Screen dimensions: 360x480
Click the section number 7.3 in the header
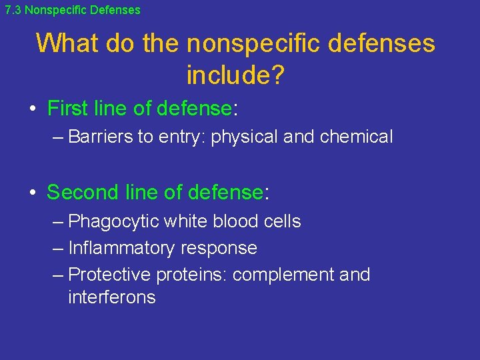(13, 10)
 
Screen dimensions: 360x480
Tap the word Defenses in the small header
(119, 10)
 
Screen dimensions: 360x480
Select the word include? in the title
(235, 75)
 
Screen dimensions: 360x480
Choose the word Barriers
(101, 137)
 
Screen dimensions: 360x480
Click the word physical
(244, 137)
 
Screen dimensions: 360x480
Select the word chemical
(356, 137)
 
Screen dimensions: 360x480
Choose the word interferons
(111, 297)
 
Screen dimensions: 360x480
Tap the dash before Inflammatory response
(58, 248)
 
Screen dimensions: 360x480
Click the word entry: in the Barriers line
(182, 137)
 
